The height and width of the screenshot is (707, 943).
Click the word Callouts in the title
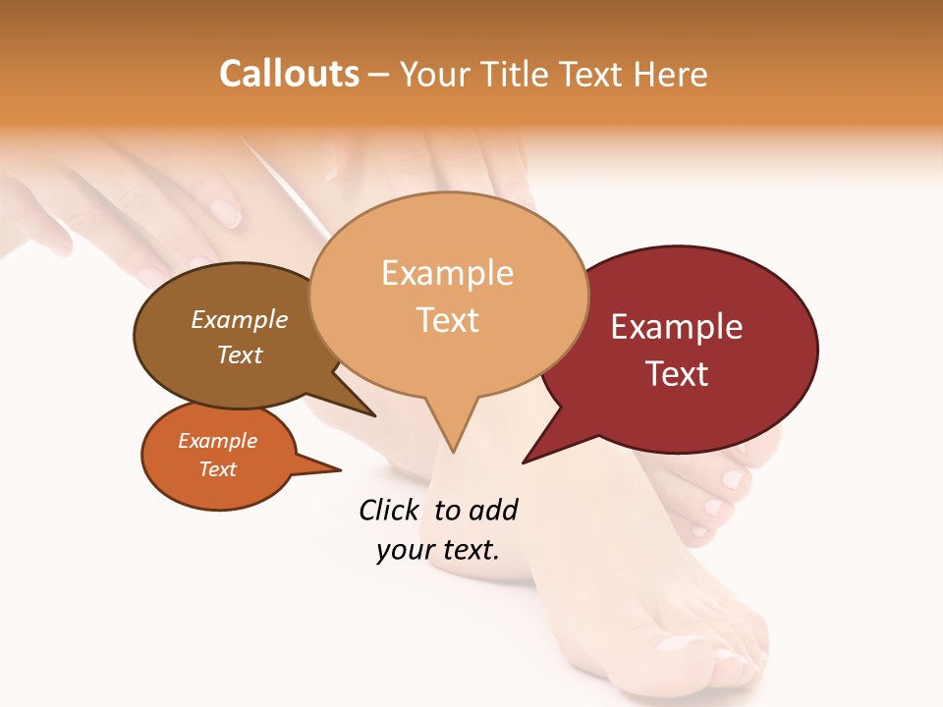pyautogui.click(x=289, y=74)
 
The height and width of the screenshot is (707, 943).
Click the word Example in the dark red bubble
pyautogui.click(x=677, y=327)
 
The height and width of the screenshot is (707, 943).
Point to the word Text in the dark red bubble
pyautogui.click(x=677, y=374)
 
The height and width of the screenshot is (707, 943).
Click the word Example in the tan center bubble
pyautogui.click(x=447, y=273)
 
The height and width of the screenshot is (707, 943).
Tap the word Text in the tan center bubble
pyautogui.click(x=447, y=320)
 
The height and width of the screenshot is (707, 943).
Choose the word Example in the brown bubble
pyautogui.click(x=240, y=319)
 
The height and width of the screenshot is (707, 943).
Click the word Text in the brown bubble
pyautogui.click(x=240, y=354)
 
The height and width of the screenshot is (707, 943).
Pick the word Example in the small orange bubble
pyautogui.click(x=217, y=441)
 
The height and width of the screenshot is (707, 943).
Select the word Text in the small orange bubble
pyautogui.click(x=217, y=469)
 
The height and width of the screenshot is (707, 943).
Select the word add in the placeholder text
pyautogui.click(x=493, y=510)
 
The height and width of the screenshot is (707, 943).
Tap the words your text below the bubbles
pyautogui.click(x=437, y=550)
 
